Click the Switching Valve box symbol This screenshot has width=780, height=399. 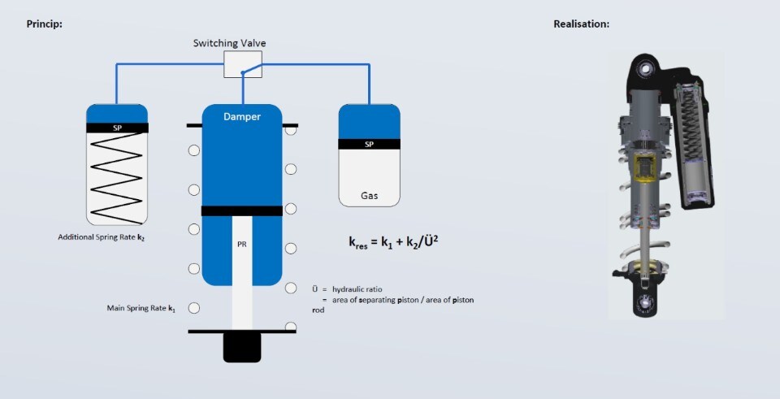242,65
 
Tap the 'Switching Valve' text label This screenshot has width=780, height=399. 229,43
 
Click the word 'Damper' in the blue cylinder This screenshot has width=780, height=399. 242,117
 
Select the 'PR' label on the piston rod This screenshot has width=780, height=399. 241,244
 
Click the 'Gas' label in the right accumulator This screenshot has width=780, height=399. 369,196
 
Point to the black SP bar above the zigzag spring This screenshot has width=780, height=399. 117,128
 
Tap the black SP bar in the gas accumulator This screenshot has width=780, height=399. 369,145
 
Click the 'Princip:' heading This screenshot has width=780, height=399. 45,24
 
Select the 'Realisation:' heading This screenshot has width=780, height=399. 581,24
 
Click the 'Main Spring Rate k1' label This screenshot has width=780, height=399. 141,309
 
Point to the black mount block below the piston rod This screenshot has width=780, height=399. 242,348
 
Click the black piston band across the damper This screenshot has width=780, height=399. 241,211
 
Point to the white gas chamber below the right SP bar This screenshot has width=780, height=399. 369,175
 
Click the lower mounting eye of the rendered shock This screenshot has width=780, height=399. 646,304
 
